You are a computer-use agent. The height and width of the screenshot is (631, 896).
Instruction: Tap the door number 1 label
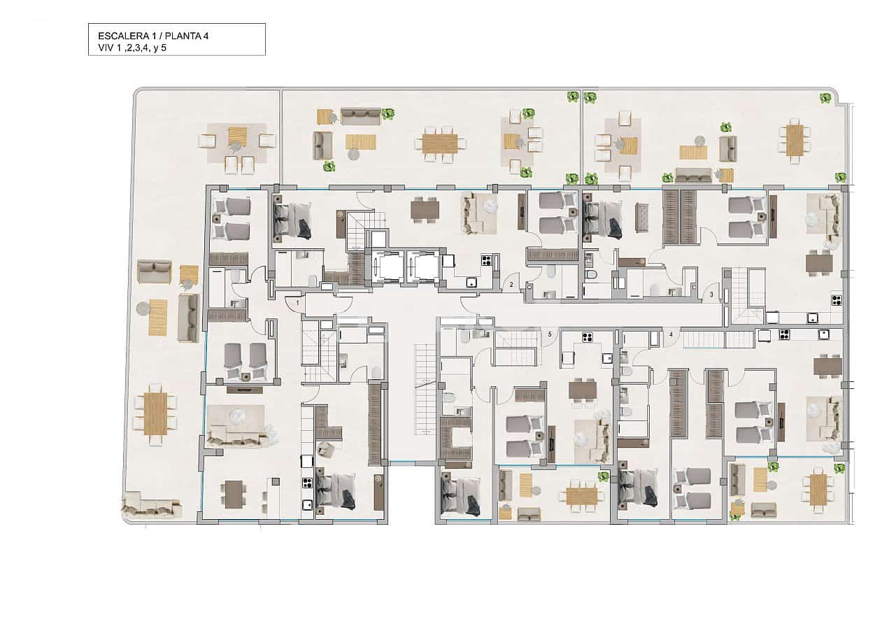(297, 303)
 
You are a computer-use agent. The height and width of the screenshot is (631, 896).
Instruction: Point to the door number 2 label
(511, 285)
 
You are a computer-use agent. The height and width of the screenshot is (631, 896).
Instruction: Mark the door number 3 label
(711, 294)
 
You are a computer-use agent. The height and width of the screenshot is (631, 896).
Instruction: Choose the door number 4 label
(671, 334)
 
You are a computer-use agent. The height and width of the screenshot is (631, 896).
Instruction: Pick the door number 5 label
(550, 334)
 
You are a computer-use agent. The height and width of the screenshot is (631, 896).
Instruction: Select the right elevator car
(422, 267)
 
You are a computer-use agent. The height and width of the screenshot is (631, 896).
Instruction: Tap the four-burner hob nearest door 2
(485, 260)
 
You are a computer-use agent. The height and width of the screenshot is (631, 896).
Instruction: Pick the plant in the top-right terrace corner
(825, 98)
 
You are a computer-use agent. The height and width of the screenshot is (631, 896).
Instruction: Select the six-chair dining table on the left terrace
(155, 413)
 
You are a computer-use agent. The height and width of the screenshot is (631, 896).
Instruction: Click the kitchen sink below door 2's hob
(471, 283)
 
